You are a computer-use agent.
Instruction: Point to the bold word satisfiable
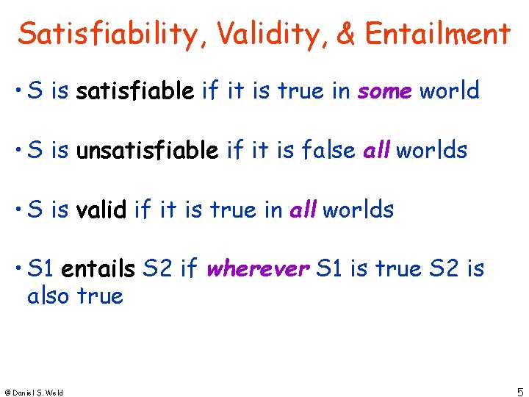click(x=135, y=91)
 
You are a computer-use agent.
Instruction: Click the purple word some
click(x=384, y=91)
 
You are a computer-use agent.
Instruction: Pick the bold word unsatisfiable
click(x=147, y=150)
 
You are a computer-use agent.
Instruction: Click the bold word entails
click(x=98, y=269)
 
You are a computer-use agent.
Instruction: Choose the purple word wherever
click(x=257, y=269)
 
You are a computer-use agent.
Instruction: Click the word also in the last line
click(x=48, y=296)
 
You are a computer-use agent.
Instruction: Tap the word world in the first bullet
click(x=449, y=91)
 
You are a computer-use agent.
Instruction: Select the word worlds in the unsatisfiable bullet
click(x=431, y=150)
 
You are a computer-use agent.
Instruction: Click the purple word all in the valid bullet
click(x=303, y=210)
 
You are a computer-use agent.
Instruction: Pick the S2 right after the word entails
click(x=157, y=269)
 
